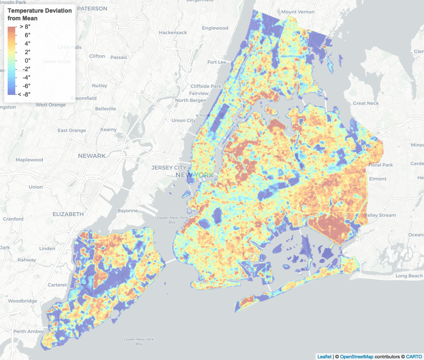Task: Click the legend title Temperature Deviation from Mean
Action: tap(39, 14)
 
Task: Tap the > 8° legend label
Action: tap(25, 26)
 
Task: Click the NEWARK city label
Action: tap(92, 156)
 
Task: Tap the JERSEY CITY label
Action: tap(169, 168)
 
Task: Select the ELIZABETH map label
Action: tap(68, 214)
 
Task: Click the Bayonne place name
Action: tap(128, 210)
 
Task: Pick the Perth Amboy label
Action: tap(26, 331)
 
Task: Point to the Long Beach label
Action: tap(409, 276)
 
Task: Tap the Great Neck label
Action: tap(366, 103)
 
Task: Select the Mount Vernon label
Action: tap(298, 12)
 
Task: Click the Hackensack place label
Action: tap(173, 33)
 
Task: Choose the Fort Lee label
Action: tap(217, 62)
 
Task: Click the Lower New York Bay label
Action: tap(139, 341)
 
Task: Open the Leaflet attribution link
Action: tap(324, 357)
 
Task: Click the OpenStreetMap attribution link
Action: tap(357, 357)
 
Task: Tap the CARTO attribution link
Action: tap(414, 357)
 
